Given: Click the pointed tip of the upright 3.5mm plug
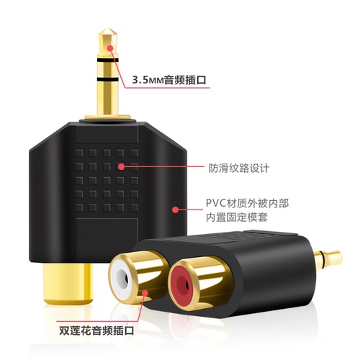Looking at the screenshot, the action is click(x=108, y=30).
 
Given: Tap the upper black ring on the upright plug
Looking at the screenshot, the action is click(x=108, y=60).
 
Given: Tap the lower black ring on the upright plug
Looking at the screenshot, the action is click(x=108, y=79).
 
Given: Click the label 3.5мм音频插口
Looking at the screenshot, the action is click(x=169, y=79).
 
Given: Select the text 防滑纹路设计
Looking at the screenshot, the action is click(x=239, y=168).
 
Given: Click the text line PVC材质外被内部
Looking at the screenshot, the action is click(x=248, y=203).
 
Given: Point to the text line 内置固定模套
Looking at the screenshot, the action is click(x=237, y=217).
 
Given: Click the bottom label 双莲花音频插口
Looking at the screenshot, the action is click(x=96, y=330).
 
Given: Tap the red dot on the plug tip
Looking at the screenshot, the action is click(x=110, y=48).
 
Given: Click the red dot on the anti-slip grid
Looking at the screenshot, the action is click(x=122, y=166).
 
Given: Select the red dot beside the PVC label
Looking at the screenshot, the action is click(x=176, y=210).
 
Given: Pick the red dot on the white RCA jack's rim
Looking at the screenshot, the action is click(x=145, y=293).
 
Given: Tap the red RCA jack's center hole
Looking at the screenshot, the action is click(x=181, y=284).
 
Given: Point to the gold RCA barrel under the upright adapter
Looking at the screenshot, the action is click(x=68, y=284).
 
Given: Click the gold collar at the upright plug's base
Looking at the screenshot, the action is click(x=108, y=117).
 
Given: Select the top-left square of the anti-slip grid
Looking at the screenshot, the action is click(x=79, y=153).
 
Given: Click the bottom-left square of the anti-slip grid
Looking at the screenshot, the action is click(x=79, y=207).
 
